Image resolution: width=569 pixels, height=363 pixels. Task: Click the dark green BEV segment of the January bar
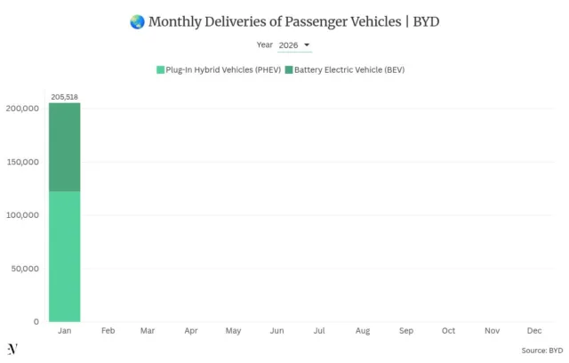(64, 147)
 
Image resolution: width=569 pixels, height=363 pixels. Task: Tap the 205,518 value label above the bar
(65, 96)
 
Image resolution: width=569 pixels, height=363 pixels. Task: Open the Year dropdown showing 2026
(294, 44)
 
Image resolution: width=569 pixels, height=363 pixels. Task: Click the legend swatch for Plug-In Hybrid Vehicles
(160, 69)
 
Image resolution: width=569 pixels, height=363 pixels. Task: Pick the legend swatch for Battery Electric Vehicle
(288, 69)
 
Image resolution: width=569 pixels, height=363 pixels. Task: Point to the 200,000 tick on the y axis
(21, 109)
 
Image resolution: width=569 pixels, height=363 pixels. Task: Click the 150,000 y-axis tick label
(21, 162)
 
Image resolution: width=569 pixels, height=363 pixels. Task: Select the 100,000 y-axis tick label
(21, 215)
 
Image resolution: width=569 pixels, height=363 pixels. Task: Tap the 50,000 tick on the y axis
(24, 269)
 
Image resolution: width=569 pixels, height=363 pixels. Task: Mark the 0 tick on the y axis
(36, 322)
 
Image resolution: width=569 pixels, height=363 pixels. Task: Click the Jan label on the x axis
(64, 331)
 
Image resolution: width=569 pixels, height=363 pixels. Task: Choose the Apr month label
(191, 331)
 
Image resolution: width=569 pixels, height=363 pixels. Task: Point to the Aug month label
(363, 331)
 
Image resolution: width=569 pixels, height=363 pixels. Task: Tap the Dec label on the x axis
(534, 331)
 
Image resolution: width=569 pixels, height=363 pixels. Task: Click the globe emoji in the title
(136, 21)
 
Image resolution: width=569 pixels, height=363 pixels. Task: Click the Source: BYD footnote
(541, 351)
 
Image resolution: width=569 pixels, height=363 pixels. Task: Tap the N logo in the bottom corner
(12, 349)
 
